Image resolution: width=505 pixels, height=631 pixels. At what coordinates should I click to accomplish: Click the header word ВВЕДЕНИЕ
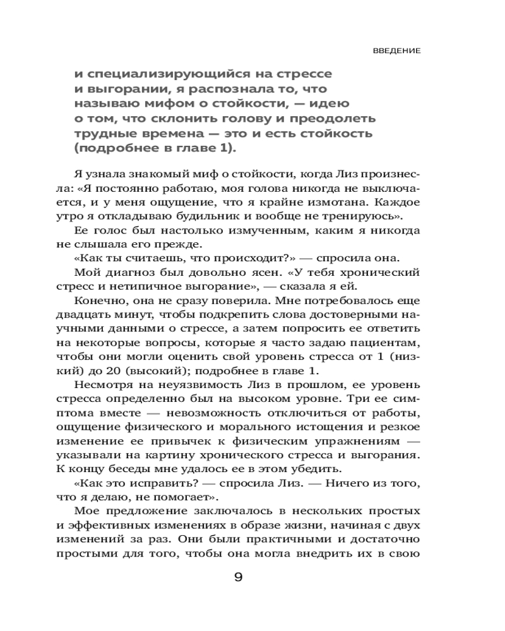[396, 50]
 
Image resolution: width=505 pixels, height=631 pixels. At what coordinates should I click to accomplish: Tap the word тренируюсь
[362, 216]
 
